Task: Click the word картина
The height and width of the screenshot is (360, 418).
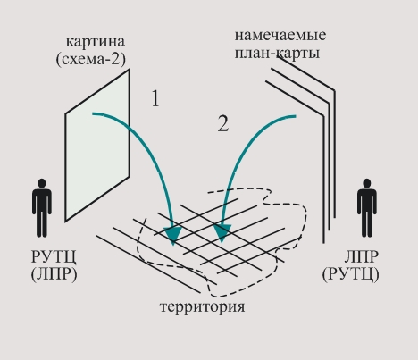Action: [96, 42]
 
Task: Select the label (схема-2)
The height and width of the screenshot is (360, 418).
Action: [91, 59]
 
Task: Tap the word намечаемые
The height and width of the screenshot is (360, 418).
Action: [280, 35]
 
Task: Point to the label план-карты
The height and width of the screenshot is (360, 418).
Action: [277, 54]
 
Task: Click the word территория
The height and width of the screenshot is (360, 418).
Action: [203, 306]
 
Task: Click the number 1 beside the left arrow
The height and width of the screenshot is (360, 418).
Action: [155, 98]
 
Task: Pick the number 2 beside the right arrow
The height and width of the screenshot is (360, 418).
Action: [223, 123]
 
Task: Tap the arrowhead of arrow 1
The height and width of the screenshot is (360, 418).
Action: [173, 235]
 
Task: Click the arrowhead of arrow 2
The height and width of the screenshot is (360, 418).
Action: [222, 233]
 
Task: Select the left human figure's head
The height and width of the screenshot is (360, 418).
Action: [42, 183]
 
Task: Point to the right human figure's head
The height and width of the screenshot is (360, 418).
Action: [367, 183]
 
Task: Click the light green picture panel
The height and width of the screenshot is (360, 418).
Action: [97, 146]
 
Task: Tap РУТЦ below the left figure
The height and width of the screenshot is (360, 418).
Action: [54, 256]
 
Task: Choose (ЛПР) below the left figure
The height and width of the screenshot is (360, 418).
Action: [54, 274]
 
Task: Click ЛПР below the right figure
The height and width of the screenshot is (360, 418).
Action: [362, 256]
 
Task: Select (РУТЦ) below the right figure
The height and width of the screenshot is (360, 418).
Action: [351, 274]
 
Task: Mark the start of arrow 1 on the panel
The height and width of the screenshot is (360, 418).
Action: [93, 113]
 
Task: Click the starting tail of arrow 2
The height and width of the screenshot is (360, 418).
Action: [295, 116]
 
